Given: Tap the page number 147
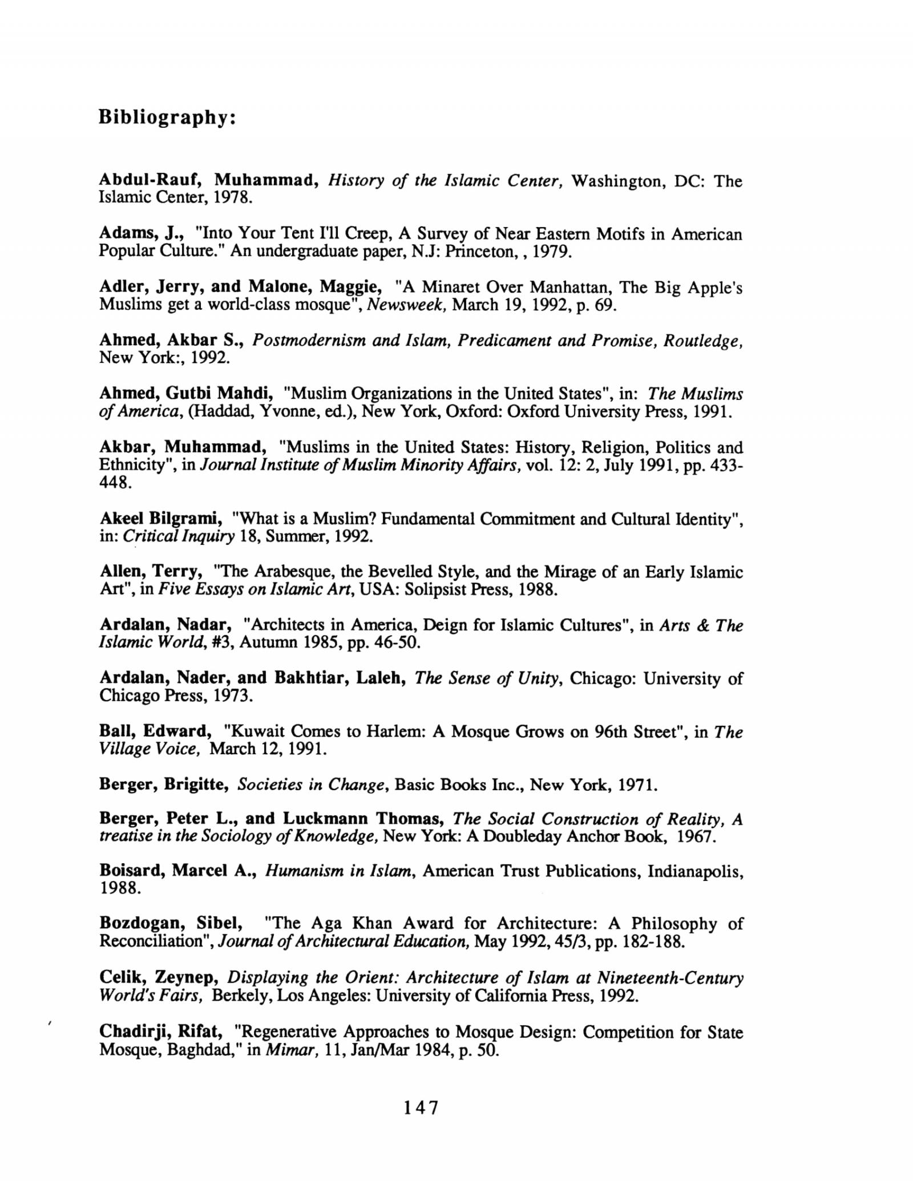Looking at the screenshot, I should click(421, 1107).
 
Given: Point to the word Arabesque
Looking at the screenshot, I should click(289, 572).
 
